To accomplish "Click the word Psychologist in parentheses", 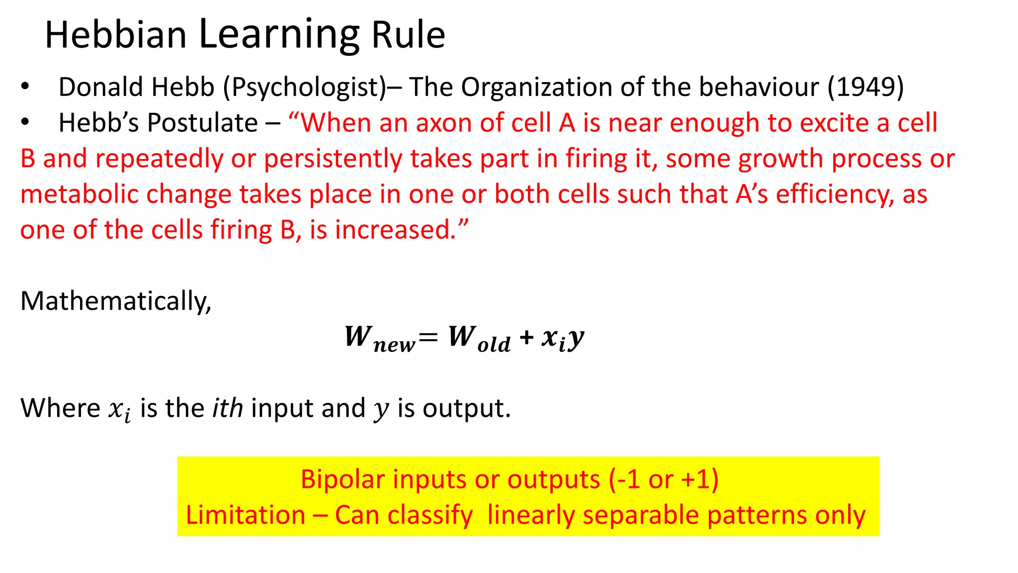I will click(x=304, y=88).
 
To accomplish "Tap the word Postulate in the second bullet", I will click(x=202, y=123).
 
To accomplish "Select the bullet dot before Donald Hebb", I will click(x=25, y=87).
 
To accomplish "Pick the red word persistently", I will click(x=333, y=159).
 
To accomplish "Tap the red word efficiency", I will click(x=834, y=194).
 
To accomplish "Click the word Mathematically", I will click(x=115, y=301).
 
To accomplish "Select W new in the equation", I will click(x=379, y=338).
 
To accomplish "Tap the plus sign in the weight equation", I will click(x=526, y=338).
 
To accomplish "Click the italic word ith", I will click(x=228, y=408).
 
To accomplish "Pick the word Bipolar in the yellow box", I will click(x=343, y=479).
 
